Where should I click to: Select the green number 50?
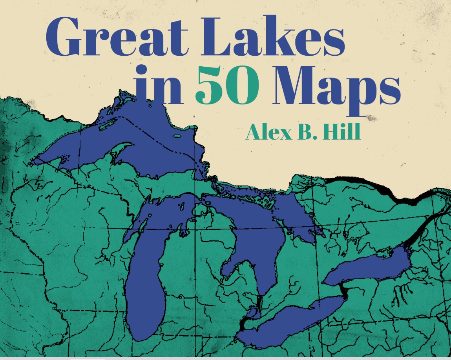(227, 85)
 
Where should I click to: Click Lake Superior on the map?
(157, 145)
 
